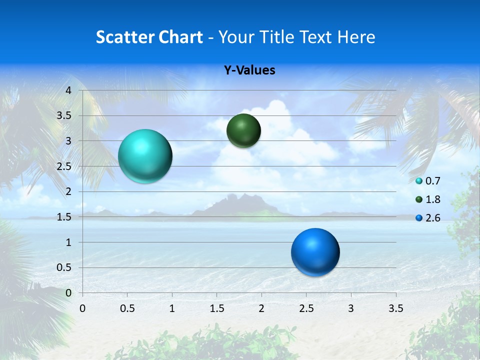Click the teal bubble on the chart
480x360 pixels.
coord(145,156)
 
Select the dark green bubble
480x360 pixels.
coord(243,130)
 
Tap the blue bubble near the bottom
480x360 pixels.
coord(315,252)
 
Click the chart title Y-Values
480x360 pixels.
coord(249,70)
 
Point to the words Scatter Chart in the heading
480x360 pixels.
coord(149,37)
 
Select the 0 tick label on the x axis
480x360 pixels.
coord(82,308)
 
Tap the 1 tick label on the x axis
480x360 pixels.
coord(172,308)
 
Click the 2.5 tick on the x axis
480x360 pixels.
coord(306,308)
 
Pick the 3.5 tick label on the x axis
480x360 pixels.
coord(395,308)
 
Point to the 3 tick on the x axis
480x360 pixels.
coord(351,308)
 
